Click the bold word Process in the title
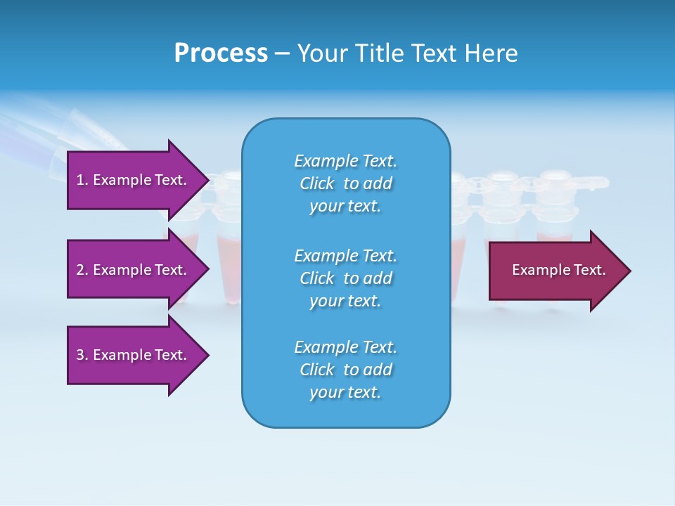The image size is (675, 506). point(221,53)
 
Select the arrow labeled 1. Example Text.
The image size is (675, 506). point(134,180)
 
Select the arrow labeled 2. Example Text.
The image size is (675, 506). point(134,270)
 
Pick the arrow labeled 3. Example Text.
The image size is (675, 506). point(134,355)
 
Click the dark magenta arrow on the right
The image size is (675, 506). point(555,270)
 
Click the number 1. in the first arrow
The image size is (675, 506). point(82,180)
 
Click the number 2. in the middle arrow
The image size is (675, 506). point(82,270)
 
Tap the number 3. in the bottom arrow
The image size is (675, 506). point(82,355)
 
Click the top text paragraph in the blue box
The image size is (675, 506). point(345,183)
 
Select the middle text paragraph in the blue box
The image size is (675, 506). point(345,278)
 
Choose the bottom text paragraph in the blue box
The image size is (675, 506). point(345,370)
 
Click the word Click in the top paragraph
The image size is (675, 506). point(316,183)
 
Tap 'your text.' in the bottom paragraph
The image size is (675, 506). point(345,392)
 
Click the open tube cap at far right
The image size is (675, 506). point(591,183)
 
